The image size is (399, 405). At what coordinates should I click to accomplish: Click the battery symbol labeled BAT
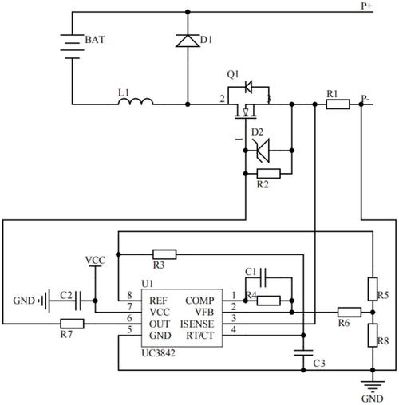72,46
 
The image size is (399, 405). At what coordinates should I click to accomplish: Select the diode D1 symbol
188,41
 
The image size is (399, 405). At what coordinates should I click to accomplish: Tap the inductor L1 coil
136,101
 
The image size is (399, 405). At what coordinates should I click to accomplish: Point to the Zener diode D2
262,151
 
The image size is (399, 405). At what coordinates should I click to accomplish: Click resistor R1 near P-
338,104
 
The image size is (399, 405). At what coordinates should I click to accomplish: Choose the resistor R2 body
269,174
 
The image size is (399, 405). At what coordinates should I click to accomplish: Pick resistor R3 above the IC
164,254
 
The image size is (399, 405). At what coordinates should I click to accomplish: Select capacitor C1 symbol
263,278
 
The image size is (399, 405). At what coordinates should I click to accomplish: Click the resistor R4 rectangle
269,301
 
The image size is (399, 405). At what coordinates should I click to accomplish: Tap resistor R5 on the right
373,289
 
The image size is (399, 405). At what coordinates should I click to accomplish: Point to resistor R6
350,313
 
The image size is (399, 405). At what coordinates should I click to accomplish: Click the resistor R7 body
72,324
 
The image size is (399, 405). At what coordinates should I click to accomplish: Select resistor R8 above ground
373,335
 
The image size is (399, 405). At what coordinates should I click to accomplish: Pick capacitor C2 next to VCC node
78,301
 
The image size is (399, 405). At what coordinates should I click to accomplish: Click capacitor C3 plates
303,352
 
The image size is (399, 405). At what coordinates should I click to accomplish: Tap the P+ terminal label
366,6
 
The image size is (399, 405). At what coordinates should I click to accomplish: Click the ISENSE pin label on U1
197,324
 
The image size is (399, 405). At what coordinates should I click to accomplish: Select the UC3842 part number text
159,353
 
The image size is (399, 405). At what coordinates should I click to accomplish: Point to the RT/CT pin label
200,336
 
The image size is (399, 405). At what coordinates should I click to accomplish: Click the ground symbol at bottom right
373,386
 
